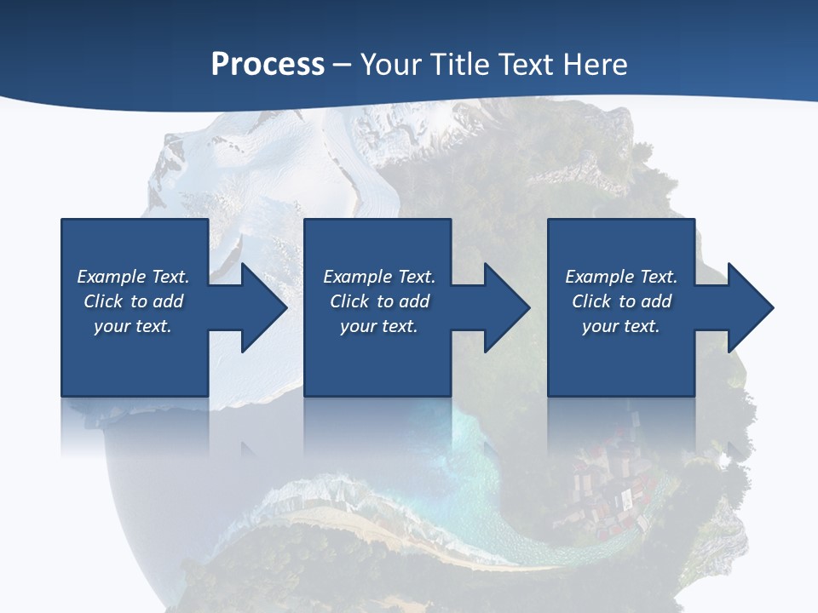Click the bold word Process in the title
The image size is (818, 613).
click(x=268, y=64)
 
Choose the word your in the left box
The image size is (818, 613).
click(x=112, y=326)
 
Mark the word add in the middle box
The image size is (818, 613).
click(x=414, y=301)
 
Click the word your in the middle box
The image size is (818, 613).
click(x=358, y=326)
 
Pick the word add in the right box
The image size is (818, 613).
click(x=656, y=301)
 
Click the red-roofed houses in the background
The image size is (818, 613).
click(x=609, y=494)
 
